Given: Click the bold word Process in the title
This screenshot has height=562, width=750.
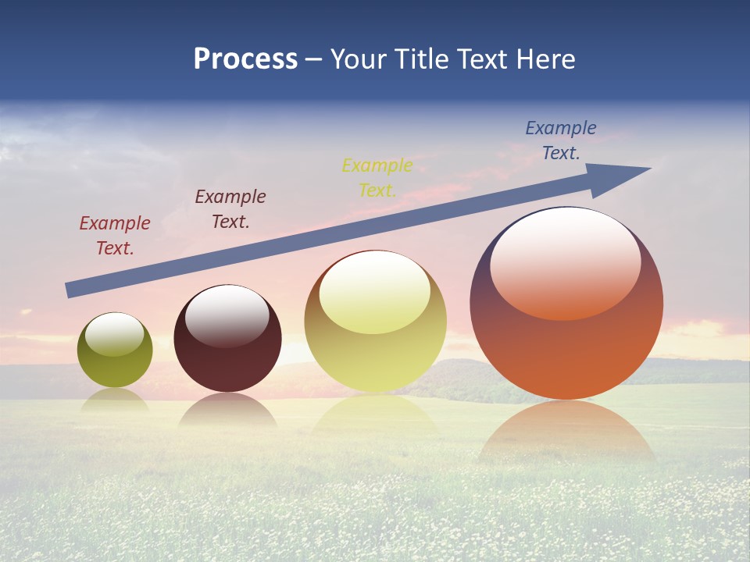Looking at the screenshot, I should coord(245,59).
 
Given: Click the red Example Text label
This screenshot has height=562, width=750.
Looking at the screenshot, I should coord(115,236).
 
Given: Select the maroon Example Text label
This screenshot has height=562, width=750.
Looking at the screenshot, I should coord(230,209).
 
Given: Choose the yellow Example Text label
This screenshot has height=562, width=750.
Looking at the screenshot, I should coord(377,178).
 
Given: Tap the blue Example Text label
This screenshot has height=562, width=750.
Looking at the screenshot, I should coord(561,140).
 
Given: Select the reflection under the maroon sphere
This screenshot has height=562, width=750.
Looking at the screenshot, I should coord(227,410).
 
